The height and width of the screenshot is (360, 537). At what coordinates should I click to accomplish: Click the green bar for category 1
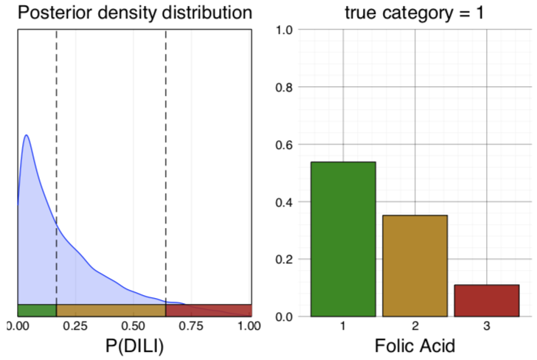pyautogui.click(x=343, y=239)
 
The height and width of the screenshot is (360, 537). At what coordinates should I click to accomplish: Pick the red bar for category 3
pyautogui.click(x=486, y=300)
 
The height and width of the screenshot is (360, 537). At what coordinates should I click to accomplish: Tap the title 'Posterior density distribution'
pyautogui.click(x=134, y=13)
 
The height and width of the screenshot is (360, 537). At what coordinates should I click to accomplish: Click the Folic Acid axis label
pyautogui.click(x=415, y=345)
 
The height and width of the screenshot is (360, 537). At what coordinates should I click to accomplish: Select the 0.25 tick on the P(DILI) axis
pyautogui.click(x=75, y=325)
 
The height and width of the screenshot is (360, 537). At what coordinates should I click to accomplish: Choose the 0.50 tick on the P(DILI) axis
pyautogui.click(x=134, y=325)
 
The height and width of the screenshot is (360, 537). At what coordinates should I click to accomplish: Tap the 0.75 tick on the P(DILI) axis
pyautogui.click(x=192, y=325)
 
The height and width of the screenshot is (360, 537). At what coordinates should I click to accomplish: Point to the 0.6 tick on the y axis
pyautogui.click(x=285, y=145)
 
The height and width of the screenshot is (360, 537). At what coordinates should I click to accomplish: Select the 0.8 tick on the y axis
pyautogui.click(x=285, y=87)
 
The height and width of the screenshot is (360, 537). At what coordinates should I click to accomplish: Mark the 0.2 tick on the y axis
pyautogui.click(x=285, y=260)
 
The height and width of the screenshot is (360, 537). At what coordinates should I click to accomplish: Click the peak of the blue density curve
pyautogui.click(x=27, y=136)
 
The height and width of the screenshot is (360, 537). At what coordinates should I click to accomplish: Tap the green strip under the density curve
pyautogui.click(x=37, y=310)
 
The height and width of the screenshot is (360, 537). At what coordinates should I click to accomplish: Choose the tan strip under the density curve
pyautogui.click(x=111, y=310)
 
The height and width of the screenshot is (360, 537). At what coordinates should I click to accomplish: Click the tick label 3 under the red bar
pyautogui.click(x=486, y=325)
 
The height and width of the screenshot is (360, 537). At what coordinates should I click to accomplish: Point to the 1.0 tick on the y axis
pyautogui.click(x=285, y=30)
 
